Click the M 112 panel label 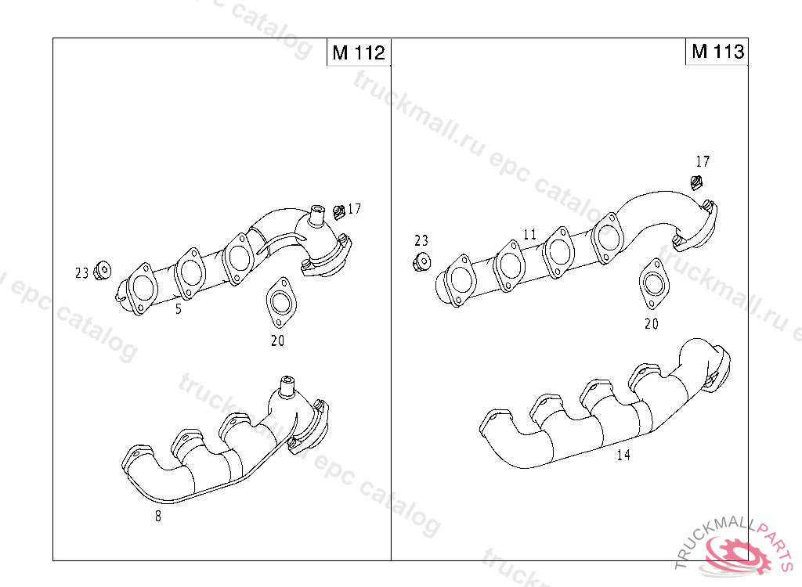tap(359, 52)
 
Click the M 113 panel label tap(717, 51)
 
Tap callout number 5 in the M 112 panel tap(179, 309)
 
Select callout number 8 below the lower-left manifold tap(158, 517)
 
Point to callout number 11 tap(530, 234)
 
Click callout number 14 tap(623, 455)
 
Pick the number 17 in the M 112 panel tap(354, 209)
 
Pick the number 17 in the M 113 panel tap(703, 161)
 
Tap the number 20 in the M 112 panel tap(278, 340)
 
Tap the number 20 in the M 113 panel tap(651, 324)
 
